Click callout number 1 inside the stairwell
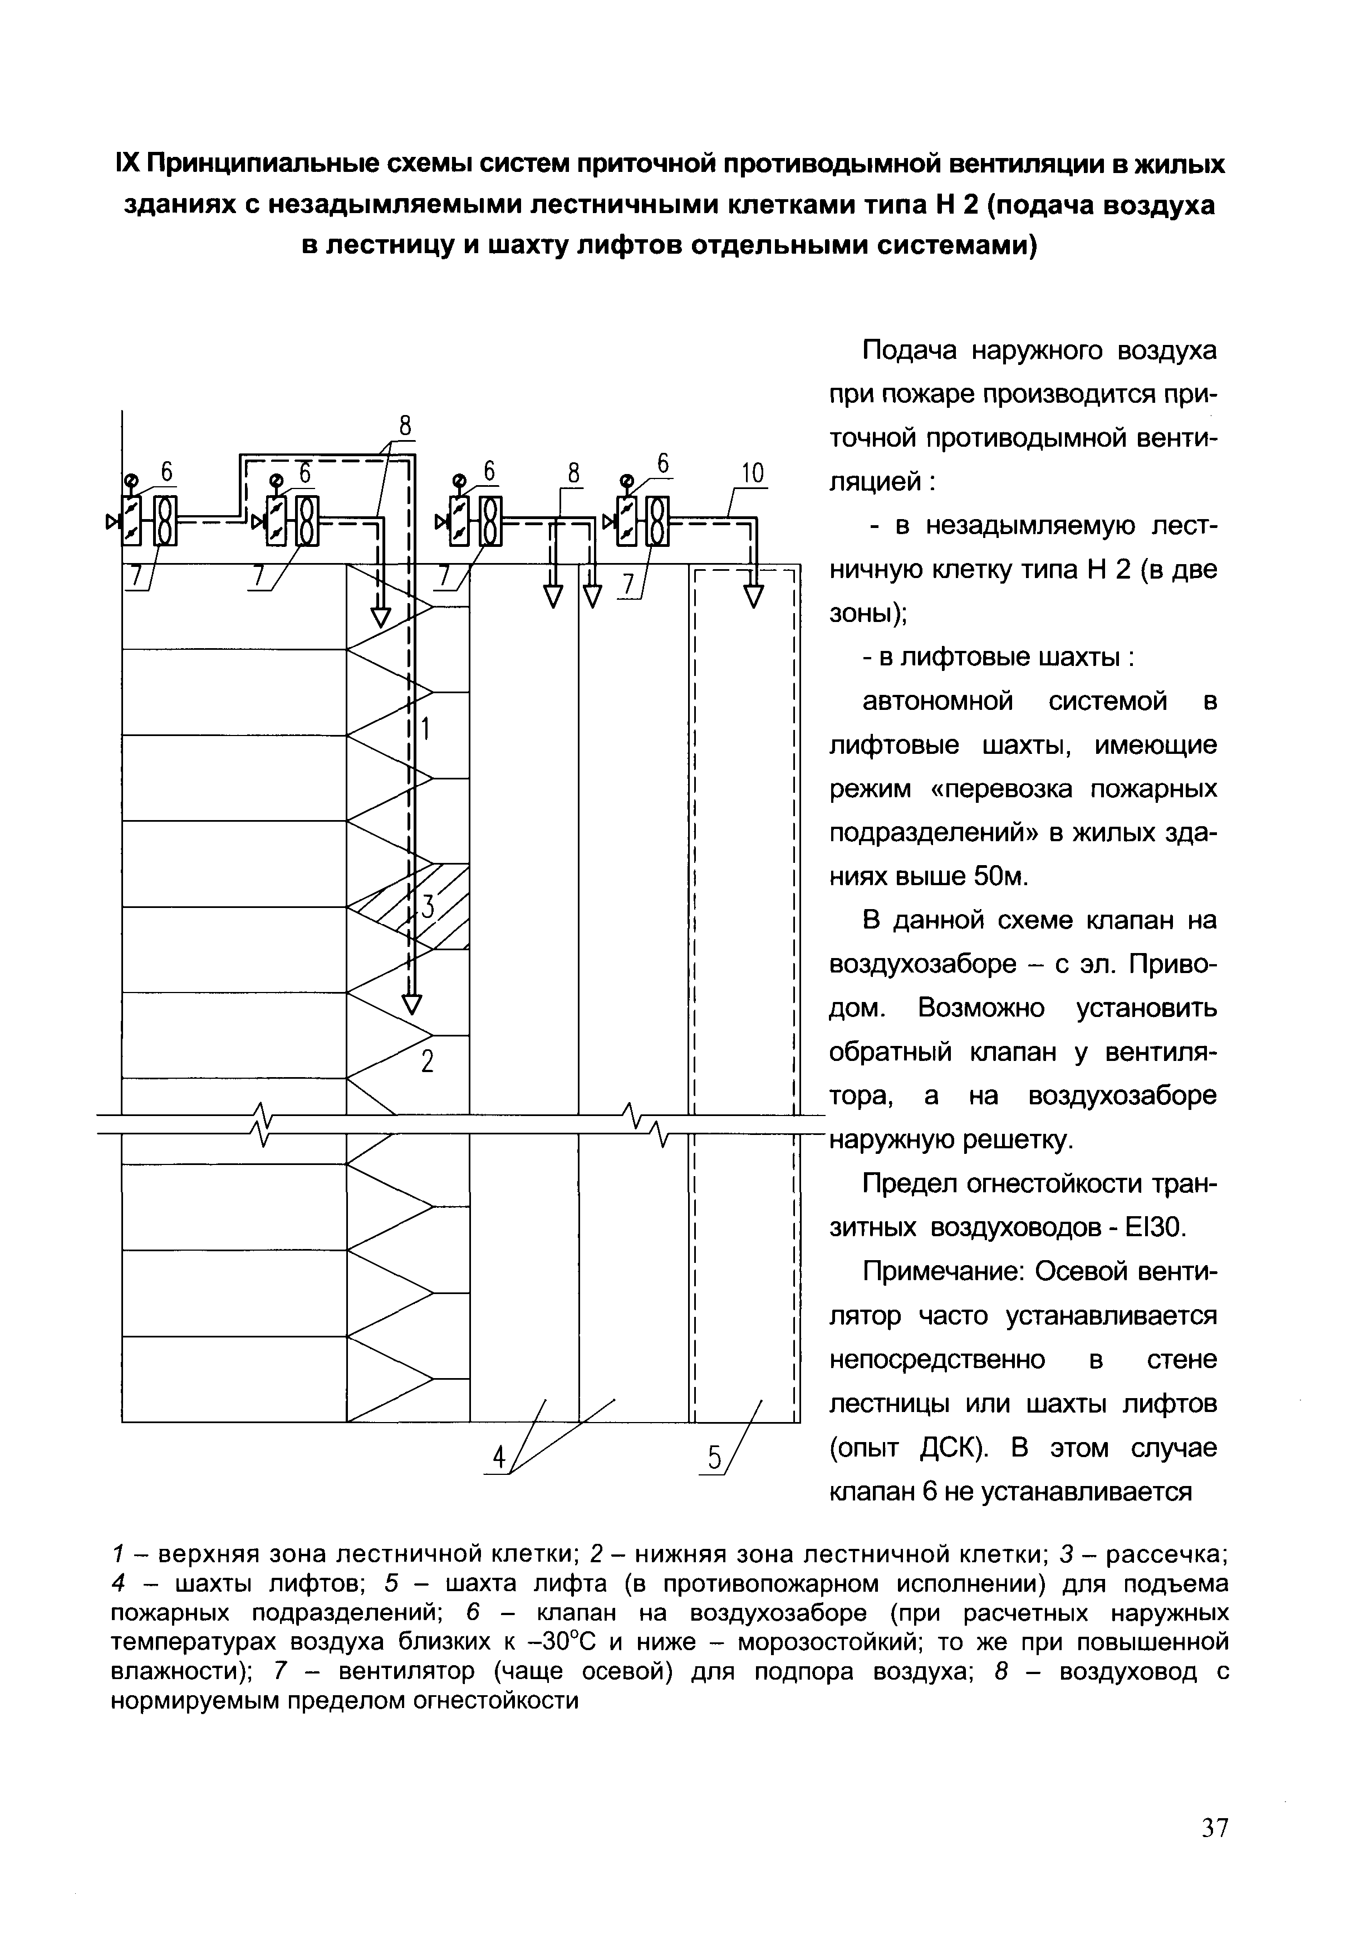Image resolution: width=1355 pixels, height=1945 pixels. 426,728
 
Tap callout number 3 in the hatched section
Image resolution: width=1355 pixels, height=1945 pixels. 428,906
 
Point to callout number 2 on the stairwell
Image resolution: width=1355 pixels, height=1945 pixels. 428,1060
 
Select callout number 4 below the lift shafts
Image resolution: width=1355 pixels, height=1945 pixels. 500,1458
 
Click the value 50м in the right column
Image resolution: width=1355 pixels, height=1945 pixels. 1001,876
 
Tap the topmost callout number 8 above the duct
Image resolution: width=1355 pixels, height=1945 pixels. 405,427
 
